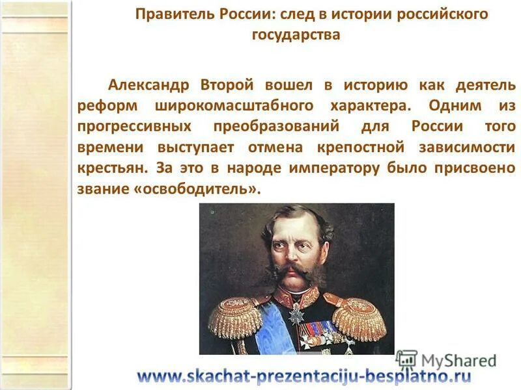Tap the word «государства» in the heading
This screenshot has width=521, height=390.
[296, 34]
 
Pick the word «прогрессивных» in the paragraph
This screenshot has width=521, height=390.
[134, 126]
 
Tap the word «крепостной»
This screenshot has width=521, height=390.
[361, 147]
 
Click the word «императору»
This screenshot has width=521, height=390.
[333, 168]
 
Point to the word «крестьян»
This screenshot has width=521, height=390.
[113, 168]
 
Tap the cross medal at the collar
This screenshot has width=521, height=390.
[296, 312]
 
